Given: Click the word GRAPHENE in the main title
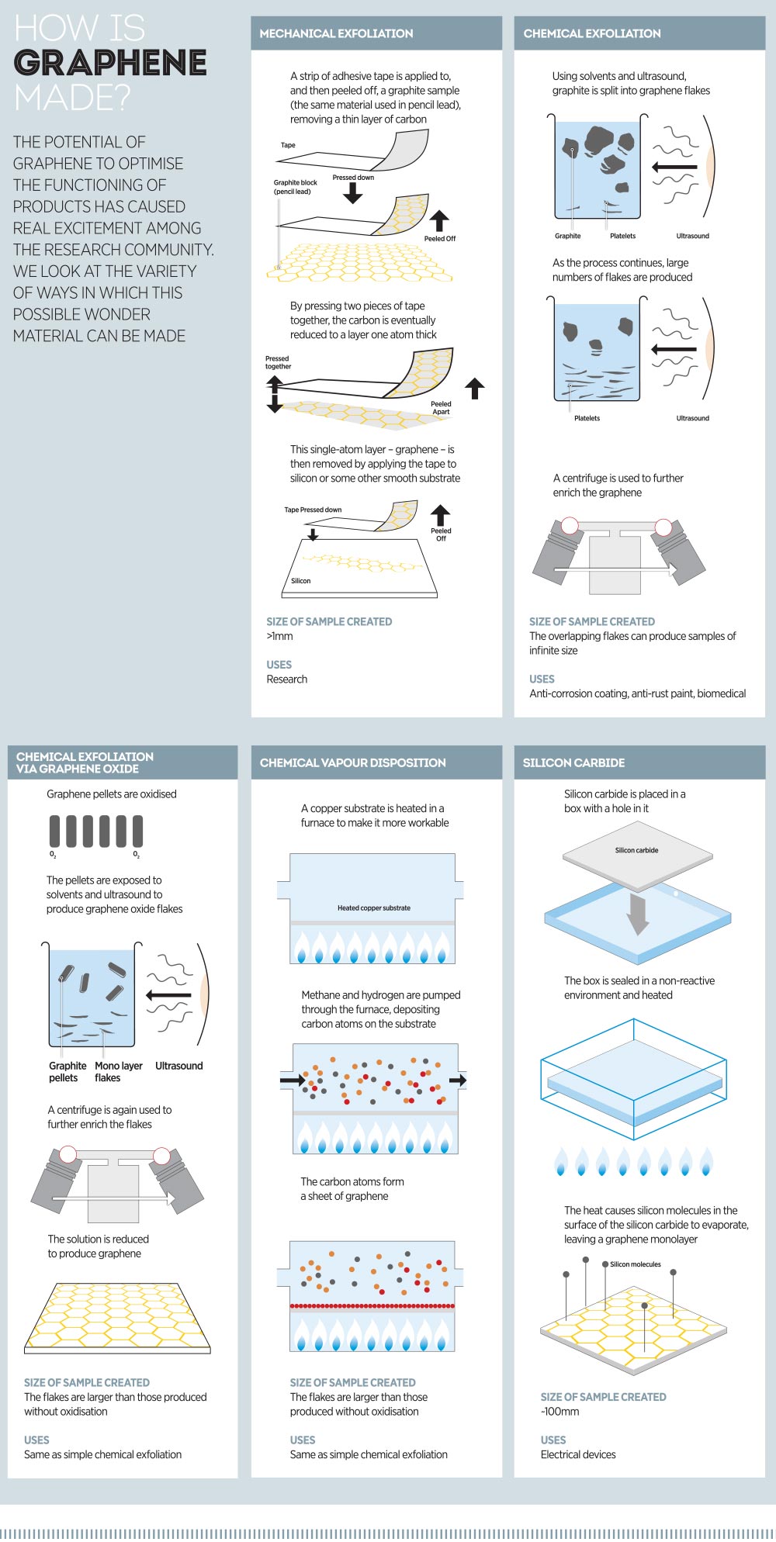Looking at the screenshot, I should [x=110, y=63].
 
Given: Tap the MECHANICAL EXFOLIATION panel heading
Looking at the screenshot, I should [x=336, y=33].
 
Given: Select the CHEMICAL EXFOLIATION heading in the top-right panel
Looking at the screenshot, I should [x=592, y=33].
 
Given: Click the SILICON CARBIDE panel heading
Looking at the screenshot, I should [x=573, y=762].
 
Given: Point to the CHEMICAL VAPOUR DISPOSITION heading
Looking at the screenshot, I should [x=352, y=762].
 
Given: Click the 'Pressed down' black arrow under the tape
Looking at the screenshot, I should [x=353, y=193].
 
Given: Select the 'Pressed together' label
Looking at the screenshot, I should [x=278, y=362].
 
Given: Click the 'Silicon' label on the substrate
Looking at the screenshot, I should [x=301, y=580].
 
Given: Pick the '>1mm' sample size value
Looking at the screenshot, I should [x=279, y=636].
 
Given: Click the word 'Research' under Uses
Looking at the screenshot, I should [x=286, y=679].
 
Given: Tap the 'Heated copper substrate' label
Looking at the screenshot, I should [x=374, y=908].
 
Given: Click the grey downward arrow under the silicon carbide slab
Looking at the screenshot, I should [x=638, y=914].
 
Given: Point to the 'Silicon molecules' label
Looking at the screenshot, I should [x=635, y=1264].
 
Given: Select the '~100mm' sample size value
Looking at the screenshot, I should [x=559, y=1411].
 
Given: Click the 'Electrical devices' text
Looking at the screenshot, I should [x=578, y=1454].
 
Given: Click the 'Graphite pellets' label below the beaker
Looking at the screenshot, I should [x=68, y=1071].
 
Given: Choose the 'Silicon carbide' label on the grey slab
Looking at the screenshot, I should [x=636, y=850].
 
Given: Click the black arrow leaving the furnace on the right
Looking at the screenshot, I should [x=458, y=1080].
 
